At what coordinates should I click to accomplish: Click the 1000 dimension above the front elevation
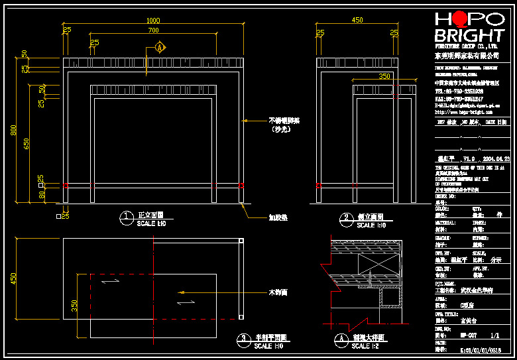tap(152, 21)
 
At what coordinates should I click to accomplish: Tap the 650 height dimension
tap(27, 143)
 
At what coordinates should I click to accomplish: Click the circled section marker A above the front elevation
tap(160, 48)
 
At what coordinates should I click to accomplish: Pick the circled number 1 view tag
tap(125, 217)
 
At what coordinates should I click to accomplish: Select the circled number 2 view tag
tap(345, 217)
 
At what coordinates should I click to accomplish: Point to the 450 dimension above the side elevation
tap(357, 21)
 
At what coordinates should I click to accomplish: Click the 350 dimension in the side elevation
tap(384, 76)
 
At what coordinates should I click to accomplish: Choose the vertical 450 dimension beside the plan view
tap(13, 278)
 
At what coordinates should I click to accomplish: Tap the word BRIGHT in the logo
tap(469, 36)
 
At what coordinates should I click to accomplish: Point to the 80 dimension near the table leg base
tap(41, 195)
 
